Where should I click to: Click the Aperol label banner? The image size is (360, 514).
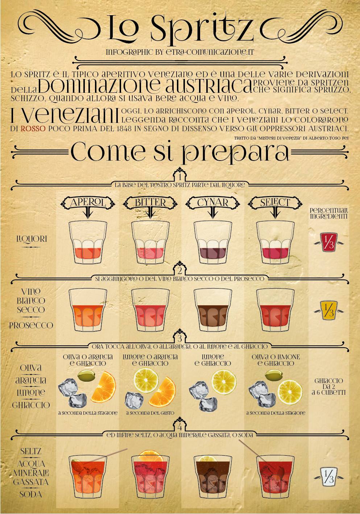[x=88, y=202]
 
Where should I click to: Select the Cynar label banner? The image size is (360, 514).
[x=213, y=202]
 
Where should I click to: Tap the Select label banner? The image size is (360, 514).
[x=275, y=202]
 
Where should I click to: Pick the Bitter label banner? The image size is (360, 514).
[x=150, y=202]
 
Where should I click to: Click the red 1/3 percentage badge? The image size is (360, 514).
[x=328, y=242]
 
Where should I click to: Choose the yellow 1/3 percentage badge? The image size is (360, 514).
[x=328, y=311]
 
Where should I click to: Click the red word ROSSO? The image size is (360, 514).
[x=33, y=128]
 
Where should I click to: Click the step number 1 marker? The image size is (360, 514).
[x=180, y=177]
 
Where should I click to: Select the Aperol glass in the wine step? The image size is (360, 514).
[x=88, y=310]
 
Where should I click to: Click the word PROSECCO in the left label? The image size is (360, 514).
[x=31, y=325]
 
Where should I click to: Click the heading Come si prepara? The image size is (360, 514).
[x=180, y=152]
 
